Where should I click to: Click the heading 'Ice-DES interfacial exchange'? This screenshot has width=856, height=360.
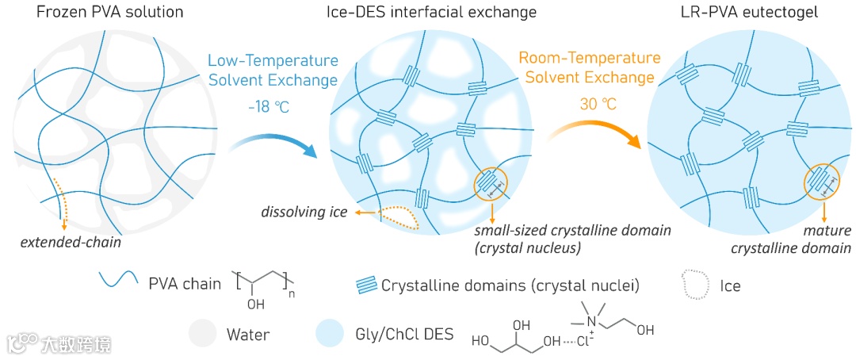(x=431, y=13)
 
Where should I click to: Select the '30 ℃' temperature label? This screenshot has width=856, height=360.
(x=590, y=106)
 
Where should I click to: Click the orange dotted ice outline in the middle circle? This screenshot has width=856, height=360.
(x=391, y=214)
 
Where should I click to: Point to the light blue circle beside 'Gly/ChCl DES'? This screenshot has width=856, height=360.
(x=331, y=334)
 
